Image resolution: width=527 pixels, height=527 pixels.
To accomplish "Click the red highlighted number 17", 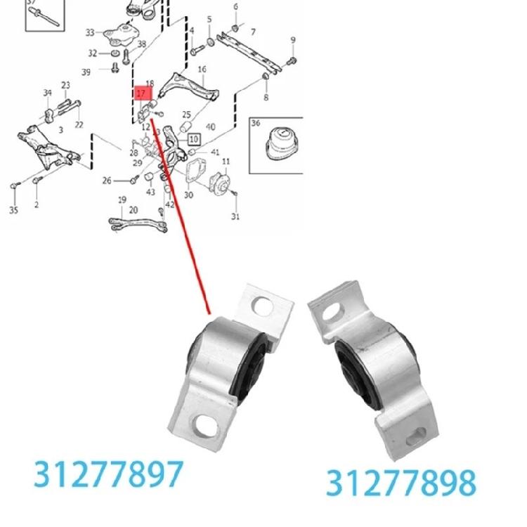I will point(142,92).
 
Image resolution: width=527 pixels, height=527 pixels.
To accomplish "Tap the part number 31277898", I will point(401,482).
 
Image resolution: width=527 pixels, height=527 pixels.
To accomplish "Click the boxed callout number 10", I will point(193,139).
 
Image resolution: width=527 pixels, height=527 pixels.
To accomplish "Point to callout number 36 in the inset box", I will point(256,124).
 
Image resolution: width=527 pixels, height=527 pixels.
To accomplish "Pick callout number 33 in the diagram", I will point(90,32).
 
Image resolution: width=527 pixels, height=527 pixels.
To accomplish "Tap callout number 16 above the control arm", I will point(202,70).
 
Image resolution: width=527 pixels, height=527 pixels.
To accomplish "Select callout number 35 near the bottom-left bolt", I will point(13,209).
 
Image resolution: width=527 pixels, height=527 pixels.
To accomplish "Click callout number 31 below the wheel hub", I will point(236,216).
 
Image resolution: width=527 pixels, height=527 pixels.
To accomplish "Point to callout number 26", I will point(107,181).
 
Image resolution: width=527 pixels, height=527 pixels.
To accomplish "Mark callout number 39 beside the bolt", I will point(86,72).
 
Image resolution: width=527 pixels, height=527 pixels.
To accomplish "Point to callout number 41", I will point(216,152).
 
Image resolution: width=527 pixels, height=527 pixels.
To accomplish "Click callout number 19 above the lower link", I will point(122,200).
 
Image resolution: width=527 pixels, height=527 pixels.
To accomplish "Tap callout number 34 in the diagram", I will point(47,93).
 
